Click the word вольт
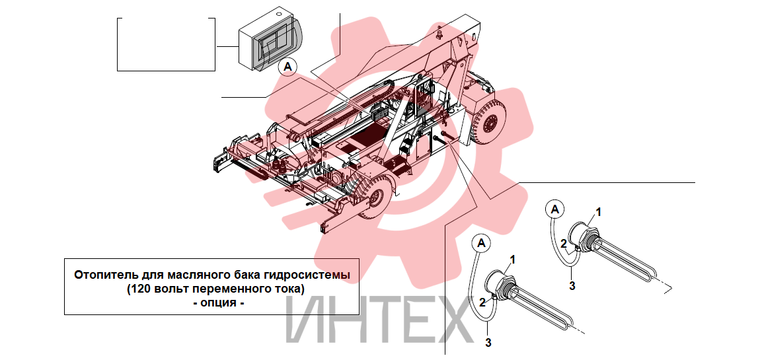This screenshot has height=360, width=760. pos(167,289)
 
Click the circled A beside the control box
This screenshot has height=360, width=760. pos(288,67)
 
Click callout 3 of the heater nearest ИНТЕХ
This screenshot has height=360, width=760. pos(488,343)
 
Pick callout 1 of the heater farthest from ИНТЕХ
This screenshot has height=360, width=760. pos(598,212)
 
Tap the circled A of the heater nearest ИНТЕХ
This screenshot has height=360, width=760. pos(481,244)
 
